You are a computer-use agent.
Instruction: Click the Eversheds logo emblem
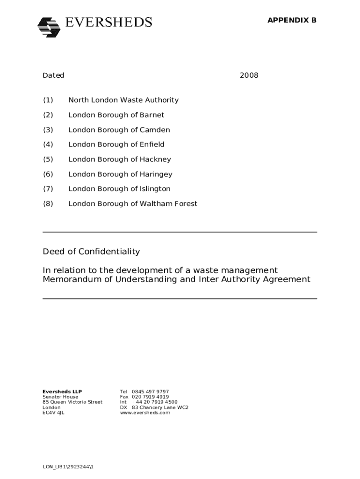[49, 27]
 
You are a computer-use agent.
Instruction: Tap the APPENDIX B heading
[292, 20]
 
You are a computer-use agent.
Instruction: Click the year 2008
[249, 75]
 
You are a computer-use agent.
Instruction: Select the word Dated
[54, 75]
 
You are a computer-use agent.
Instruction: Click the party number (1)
[48, 100]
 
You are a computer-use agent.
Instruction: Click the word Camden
[155, 130]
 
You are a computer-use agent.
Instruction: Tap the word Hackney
[156, 160]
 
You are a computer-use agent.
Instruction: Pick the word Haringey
[156, 174]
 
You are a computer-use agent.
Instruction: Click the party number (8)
[48, 204]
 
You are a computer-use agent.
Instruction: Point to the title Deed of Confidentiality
[91, 252]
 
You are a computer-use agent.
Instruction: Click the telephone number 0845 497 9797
[151, 392]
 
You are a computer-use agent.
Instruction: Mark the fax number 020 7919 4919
[151, 397]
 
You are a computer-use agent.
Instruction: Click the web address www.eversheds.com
[145, 413]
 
